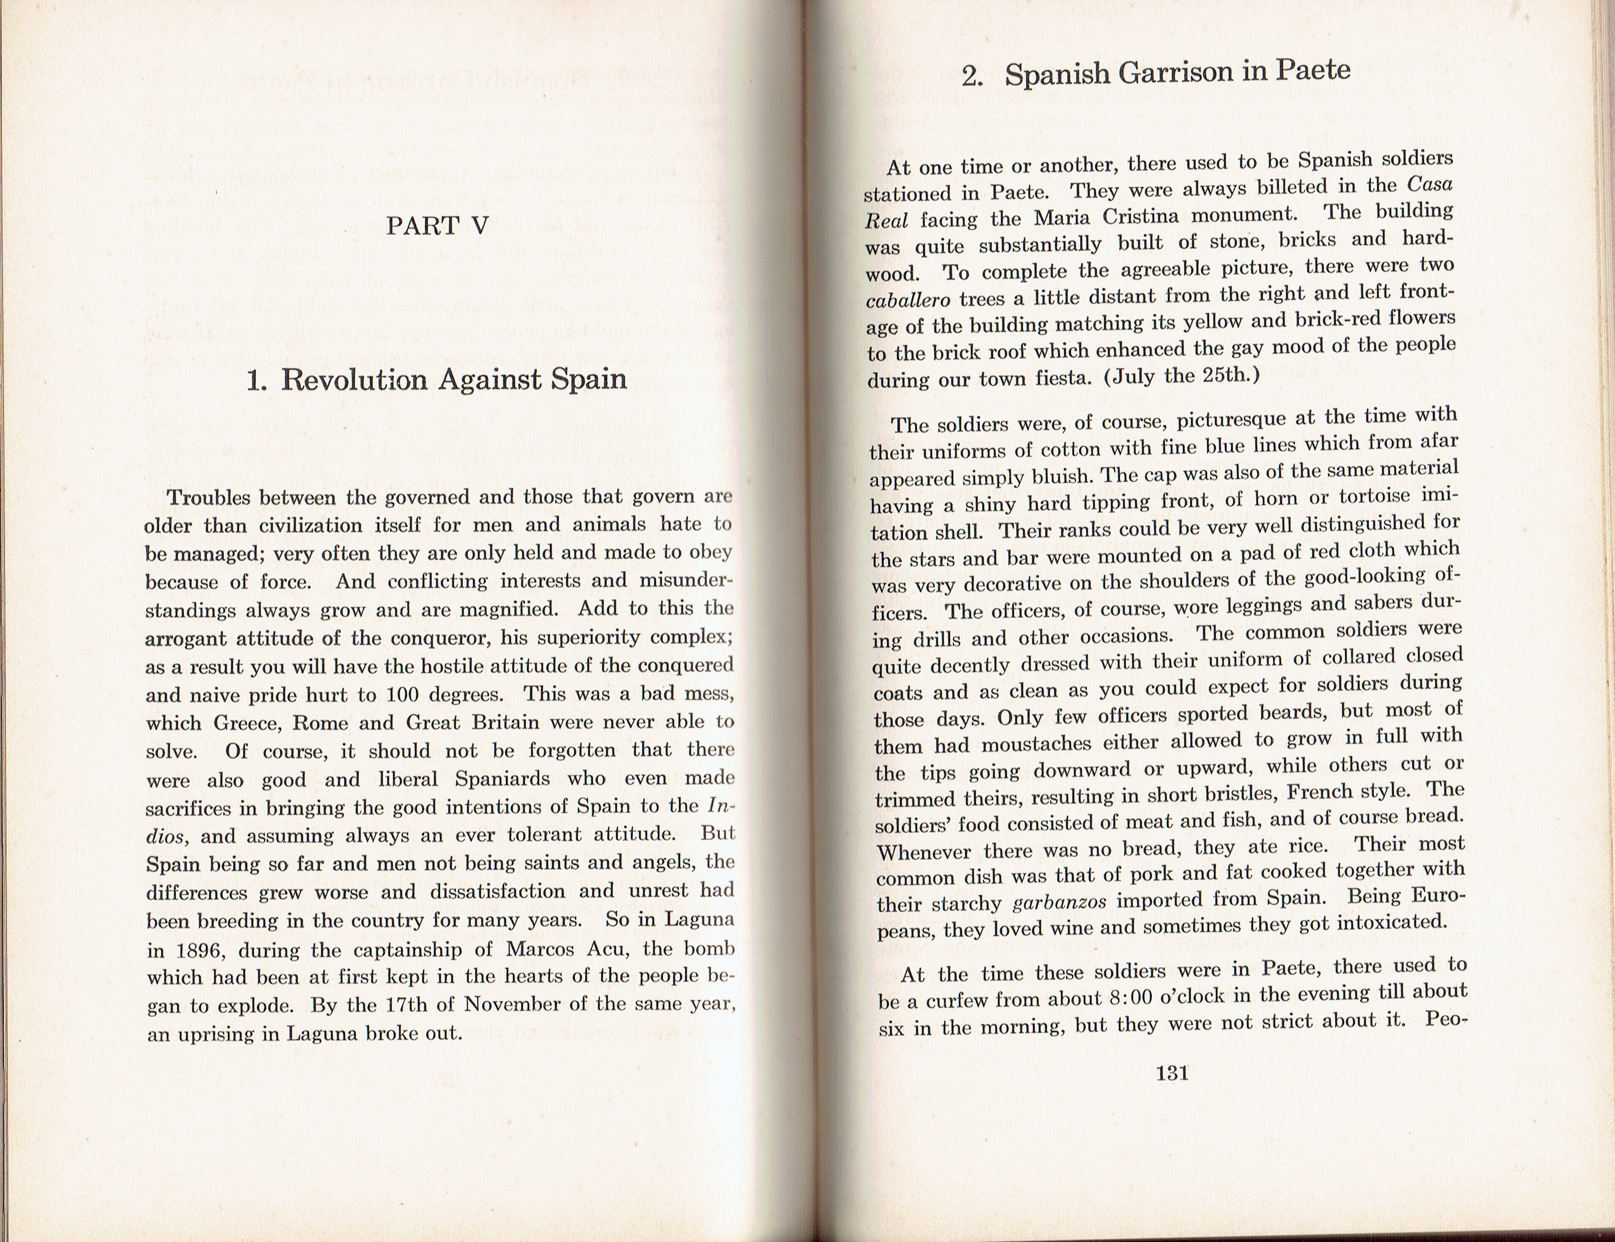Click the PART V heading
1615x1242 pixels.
(437, 226)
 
